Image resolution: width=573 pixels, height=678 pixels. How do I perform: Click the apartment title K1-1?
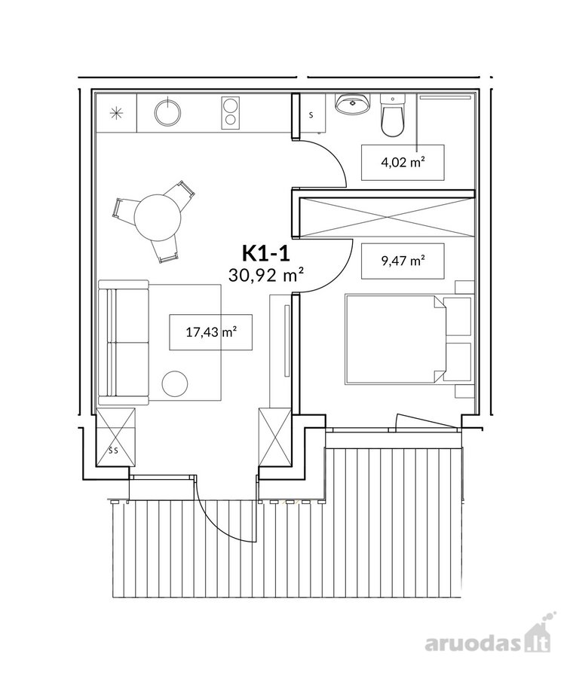(x=265, y=253)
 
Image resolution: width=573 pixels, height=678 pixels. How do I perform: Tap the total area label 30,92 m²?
(x=265, y=275)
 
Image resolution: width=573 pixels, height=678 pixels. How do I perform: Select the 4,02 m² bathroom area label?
(x=403, y=163)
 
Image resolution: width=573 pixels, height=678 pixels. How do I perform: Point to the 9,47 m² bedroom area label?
(x=403, y=261)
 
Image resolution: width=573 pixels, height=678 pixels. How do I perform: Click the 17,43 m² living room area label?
(x=211, y=332)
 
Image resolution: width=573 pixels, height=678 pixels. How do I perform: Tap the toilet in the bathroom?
(x=393, y=116)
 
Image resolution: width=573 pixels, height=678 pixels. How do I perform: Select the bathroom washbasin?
(x=352, y=104)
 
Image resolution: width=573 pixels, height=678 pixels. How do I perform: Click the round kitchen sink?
(x=167, y=112)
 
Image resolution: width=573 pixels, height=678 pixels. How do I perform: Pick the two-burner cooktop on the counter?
(x=231, y=112)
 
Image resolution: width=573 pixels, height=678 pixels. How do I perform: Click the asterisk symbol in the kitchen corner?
(x=116, y=113)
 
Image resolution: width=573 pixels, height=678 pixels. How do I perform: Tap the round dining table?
(x=158, y=216)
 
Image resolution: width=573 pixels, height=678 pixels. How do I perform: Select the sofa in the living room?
(x=124, y=342)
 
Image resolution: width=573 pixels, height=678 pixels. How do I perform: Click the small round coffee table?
(x=175, y=383)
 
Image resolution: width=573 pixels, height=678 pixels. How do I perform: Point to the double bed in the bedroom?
(x=395, y=340)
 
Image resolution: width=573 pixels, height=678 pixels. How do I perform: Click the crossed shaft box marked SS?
(x=115, y=437)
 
